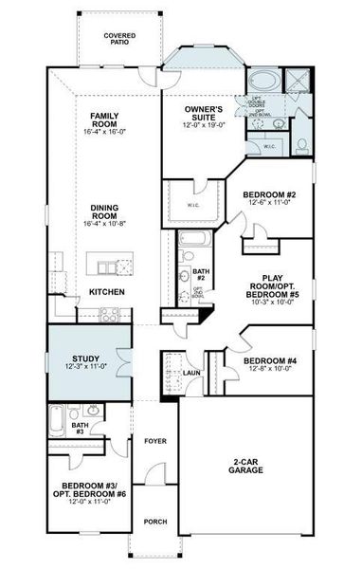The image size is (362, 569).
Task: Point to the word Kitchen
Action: [106, 292]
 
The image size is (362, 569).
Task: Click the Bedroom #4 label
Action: [271, 365]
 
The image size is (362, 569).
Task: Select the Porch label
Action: [154, 522]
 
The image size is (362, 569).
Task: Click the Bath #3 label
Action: [79, 428]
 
